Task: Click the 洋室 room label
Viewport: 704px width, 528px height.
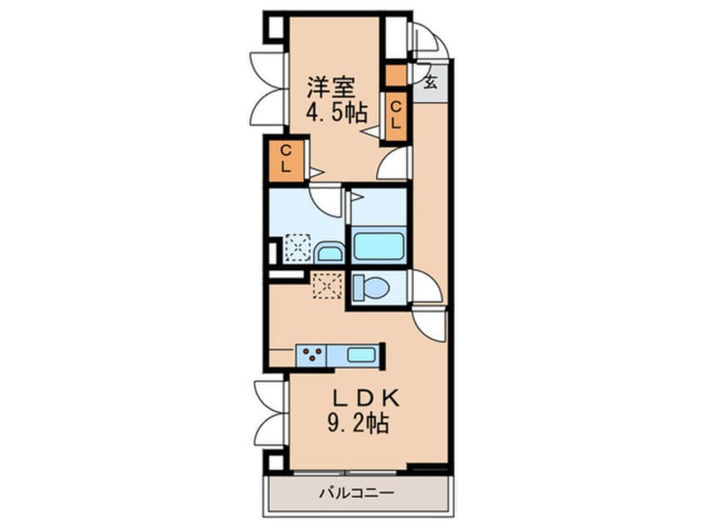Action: pyautogui.click(x=331, y=87)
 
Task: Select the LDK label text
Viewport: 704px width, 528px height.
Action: pyautogui.click(x=365, y=399)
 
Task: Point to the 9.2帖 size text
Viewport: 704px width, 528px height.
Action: pyautogui.click(x=358, y=423)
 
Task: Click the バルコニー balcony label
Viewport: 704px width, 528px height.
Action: pyautogui.click(x=357, y=493)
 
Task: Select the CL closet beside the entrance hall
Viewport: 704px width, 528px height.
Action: pyautogui.click(x=395, y=116)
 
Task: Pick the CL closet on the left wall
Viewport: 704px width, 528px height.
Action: pyautogui.click(x=286, y=160)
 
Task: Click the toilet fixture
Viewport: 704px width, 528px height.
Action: pyautogui.click(x=371, y=287)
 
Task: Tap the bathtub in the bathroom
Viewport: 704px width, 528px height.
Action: pyautogui.click(x=378, y=247)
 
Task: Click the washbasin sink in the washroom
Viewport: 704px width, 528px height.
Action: pyautogui.click(x=329, y=252)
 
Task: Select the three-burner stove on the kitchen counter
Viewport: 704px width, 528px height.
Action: pyautogui.click(x=311, y=356)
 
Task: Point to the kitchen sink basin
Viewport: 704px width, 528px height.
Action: pyautogui.click(x=361, y=356)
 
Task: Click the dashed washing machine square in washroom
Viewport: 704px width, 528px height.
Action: pyautogui.click(x=298, y=247)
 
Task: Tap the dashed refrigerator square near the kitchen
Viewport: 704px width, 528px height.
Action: pyautogui.click(x=328, y=285)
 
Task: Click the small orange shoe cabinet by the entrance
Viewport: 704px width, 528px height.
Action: pyautogui.click(x=396, y=76)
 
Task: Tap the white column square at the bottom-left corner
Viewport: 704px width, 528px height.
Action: pyautogui.click(x=276, y=462)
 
